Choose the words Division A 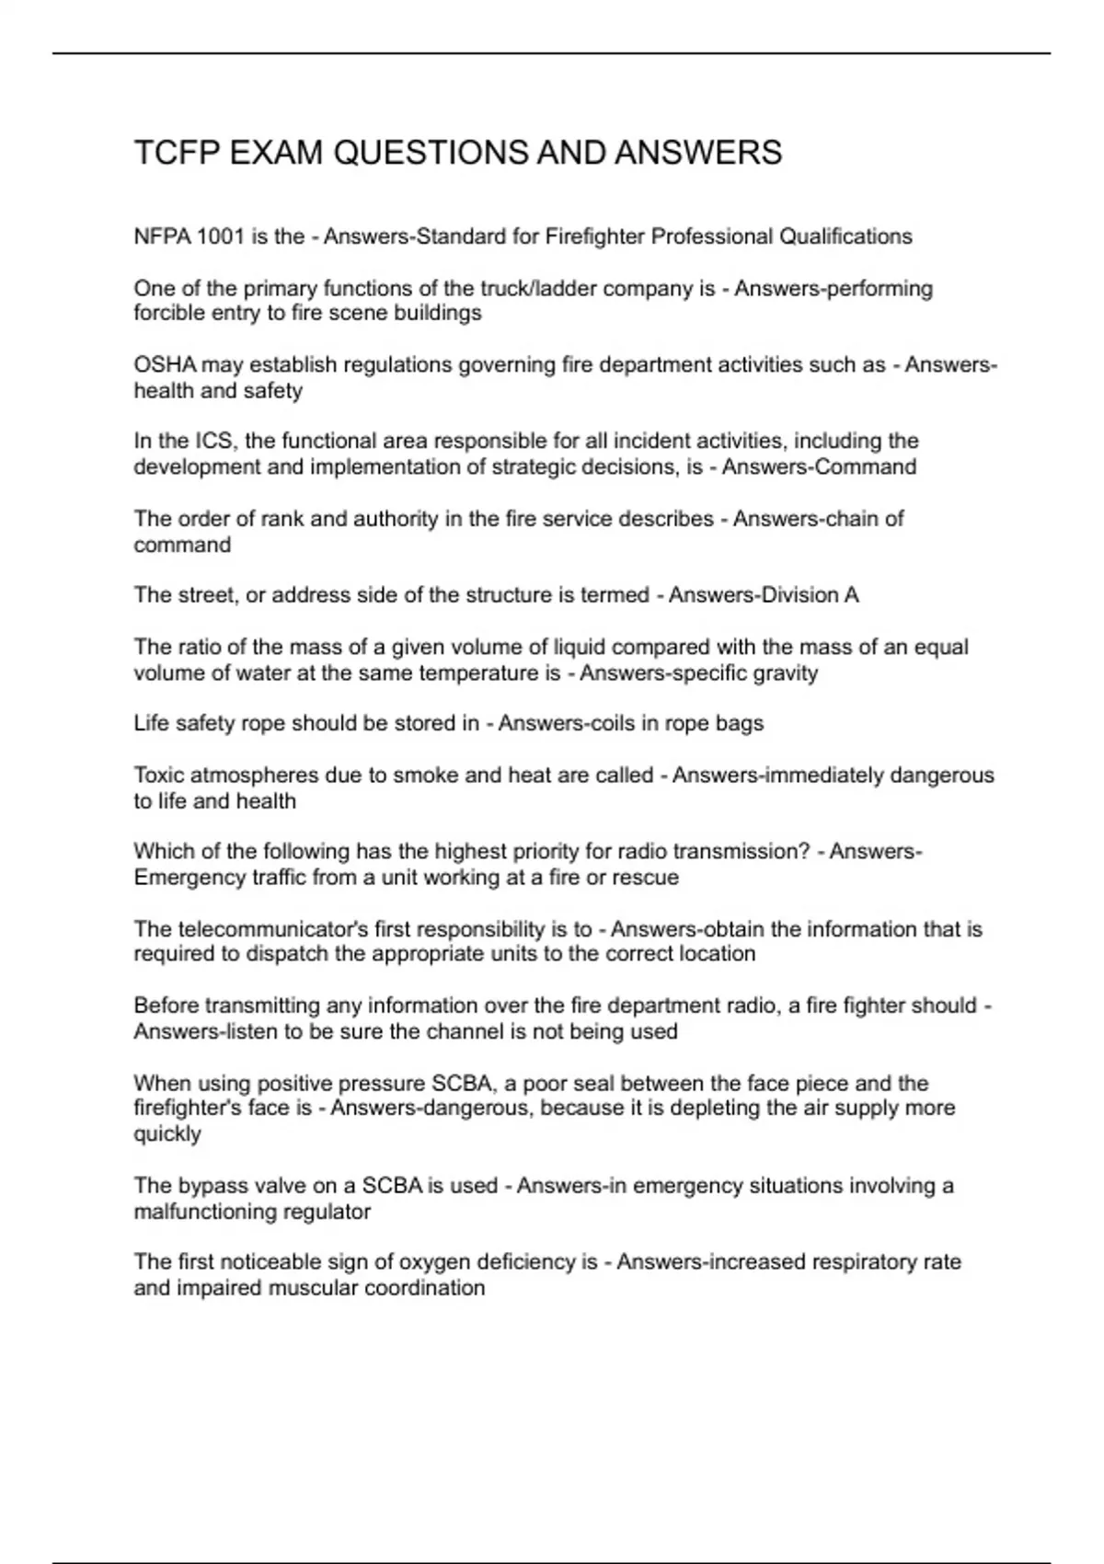[x=809, y=595]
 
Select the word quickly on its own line [x=167, y=1134]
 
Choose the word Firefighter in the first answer [x=594, y=237]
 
